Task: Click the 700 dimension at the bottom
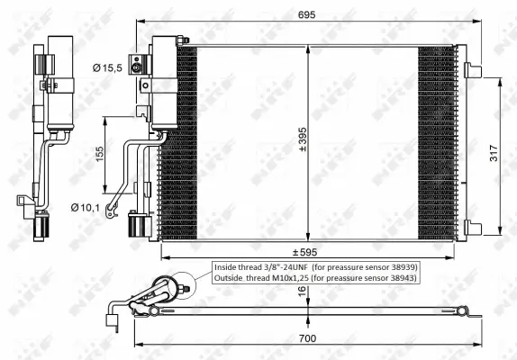pyautogui.click(x=309, y=338)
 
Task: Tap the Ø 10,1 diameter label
pyautogui.click(x=86, y=208)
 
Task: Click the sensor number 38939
pyautogui.click(x=399, y=267)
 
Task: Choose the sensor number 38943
pyautogui.click(x=399, y=279)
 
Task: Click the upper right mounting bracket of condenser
pyautogui.click(x=471, y=69)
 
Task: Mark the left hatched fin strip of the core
pyautogui.click(x=183, y=139)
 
